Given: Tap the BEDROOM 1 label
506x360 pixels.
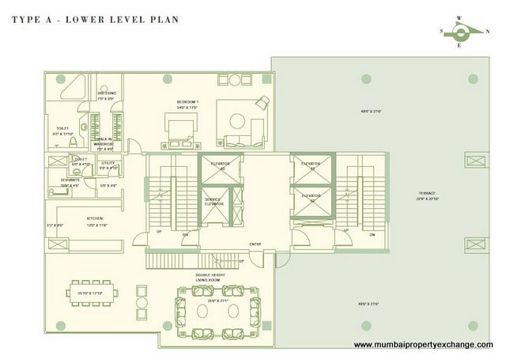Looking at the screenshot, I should click(x=187, y=103).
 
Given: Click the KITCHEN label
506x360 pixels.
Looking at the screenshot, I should click(x=96, y=218).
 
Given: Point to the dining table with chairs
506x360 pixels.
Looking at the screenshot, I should click(x=95, y=294).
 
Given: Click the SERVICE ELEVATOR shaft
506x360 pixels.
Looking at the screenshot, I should click(x=213, y=203).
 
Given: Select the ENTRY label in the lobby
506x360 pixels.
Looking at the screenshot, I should click(x=255, y=244).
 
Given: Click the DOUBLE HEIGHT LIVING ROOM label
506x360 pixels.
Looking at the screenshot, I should click(x=211, y=278).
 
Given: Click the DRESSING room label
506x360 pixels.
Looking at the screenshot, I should click(x=107, y=93).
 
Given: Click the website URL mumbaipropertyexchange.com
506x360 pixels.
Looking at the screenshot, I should click(x=423, y=345).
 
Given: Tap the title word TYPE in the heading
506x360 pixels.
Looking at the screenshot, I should click(x=27, y=17).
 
